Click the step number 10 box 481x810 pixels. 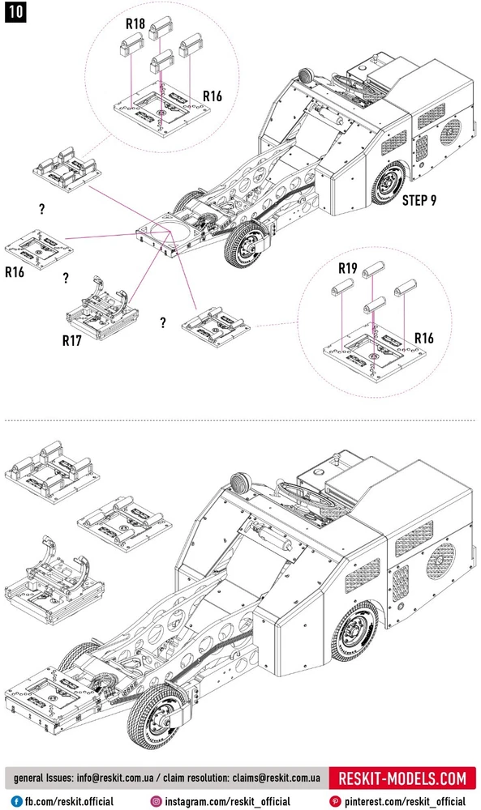pyautogui.click(x=15, y=12)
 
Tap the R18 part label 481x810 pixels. pyautogui.click(x=135, y=23)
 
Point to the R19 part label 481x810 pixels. pyautogui.click(x=347, y=268)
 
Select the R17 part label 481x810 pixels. pyautogui.click(x=72, y=340)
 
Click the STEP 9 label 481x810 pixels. pyautogui.click(x=419, y=200)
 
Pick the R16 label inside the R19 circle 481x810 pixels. pyautogui.click(x=424, y=338)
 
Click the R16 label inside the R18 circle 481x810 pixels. pyautogui.click(x=212, y=96)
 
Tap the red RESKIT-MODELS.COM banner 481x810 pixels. pyautogui.click(x=402, y=778)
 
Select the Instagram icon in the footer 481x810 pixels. pyautogui.click(x=157, y=801)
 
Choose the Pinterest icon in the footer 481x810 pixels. pyautogui.click(x=335, y=801)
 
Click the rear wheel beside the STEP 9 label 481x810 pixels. pyautogui.click(x=390, y=183)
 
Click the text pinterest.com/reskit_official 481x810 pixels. pyautogui.click(x=405, y=802)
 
